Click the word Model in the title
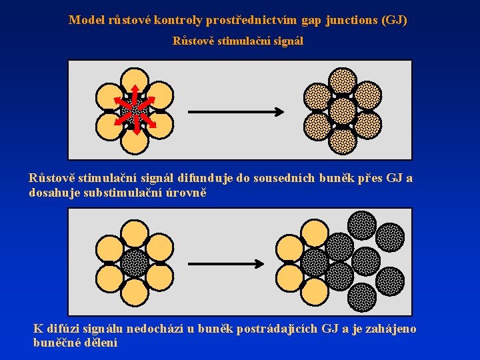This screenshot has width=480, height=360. click(x=85, y=20)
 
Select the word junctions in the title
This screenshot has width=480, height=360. click(x=351, y=20)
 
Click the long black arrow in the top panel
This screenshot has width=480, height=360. click(x=237, y=111)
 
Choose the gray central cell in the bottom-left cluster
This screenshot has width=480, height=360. click(x=135, y=263)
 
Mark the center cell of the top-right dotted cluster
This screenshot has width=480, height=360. click(x=343, y=110)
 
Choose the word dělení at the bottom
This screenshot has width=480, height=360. click(x=101, y=343)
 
